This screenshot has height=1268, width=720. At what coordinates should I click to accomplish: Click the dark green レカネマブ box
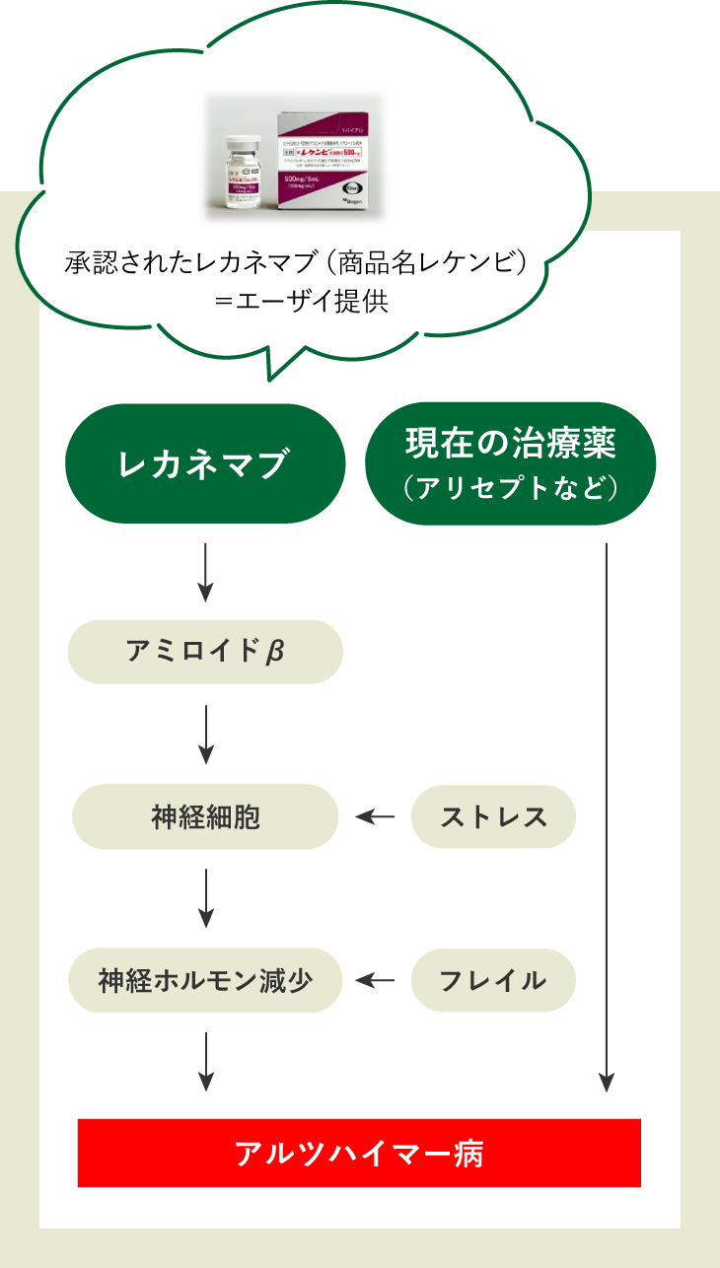(x=205, y=463)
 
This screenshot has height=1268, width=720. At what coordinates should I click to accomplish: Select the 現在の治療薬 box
(x=510, y=462)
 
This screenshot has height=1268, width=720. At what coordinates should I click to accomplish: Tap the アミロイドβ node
(x=205, y=652)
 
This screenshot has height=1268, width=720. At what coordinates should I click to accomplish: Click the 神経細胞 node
(x=205, y=816)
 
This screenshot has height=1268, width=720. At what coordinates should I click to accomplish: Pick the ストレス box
(x=493, y=816)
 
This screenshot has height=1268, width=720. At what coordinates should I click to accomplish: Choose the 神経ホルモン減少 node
(x=205, y=980)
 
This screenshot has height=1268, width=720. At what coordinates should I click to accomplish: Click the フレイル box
(x=493, y=980)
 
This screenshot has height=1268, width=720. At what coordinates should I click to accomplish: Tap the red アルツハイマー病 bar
(x=359, y=1153)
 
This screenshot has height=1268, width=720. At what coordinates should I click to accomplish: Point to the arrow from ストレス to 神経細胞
(x=375, y=816)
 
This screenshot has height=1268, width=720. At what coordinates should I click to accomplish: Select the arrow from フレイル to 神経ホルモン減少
(x=375, y=980)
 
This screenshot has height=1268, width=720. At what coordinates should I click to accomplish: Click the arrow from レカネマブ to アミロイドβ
(x=205, y=572)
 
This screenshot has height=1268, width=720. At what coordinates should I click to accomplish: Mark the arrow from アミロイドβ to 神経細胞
(x=205, y=735)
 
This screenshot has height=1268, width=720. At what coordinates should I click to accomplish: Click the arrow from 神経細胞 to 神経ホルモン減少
(x=205, y=898)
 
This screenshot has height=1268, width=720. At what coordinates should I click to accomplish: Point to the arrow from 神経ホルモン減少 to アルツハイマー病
(x=205, y=1061)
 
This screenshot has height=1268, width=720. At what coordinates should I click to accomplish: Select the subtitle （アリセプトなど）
(x=510, y=488)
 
